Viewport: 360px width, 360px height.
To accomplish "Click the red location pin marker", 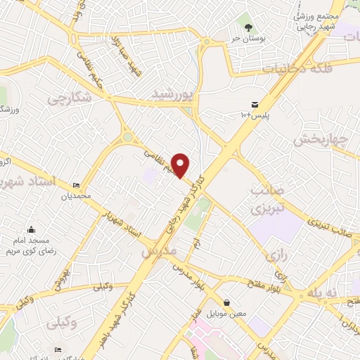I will click(181, 165).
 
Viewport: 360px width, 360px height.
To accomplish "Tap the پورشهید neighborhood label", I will click(172, 94).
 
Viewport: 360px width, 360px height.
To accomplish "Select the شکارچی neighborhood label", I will click(70, 99).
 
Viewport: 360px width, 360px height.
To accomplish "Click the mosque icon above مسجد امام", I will click(32, 229).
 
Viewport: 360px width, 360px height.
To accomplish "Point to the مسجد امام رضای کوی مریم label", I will click(32, 245).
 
